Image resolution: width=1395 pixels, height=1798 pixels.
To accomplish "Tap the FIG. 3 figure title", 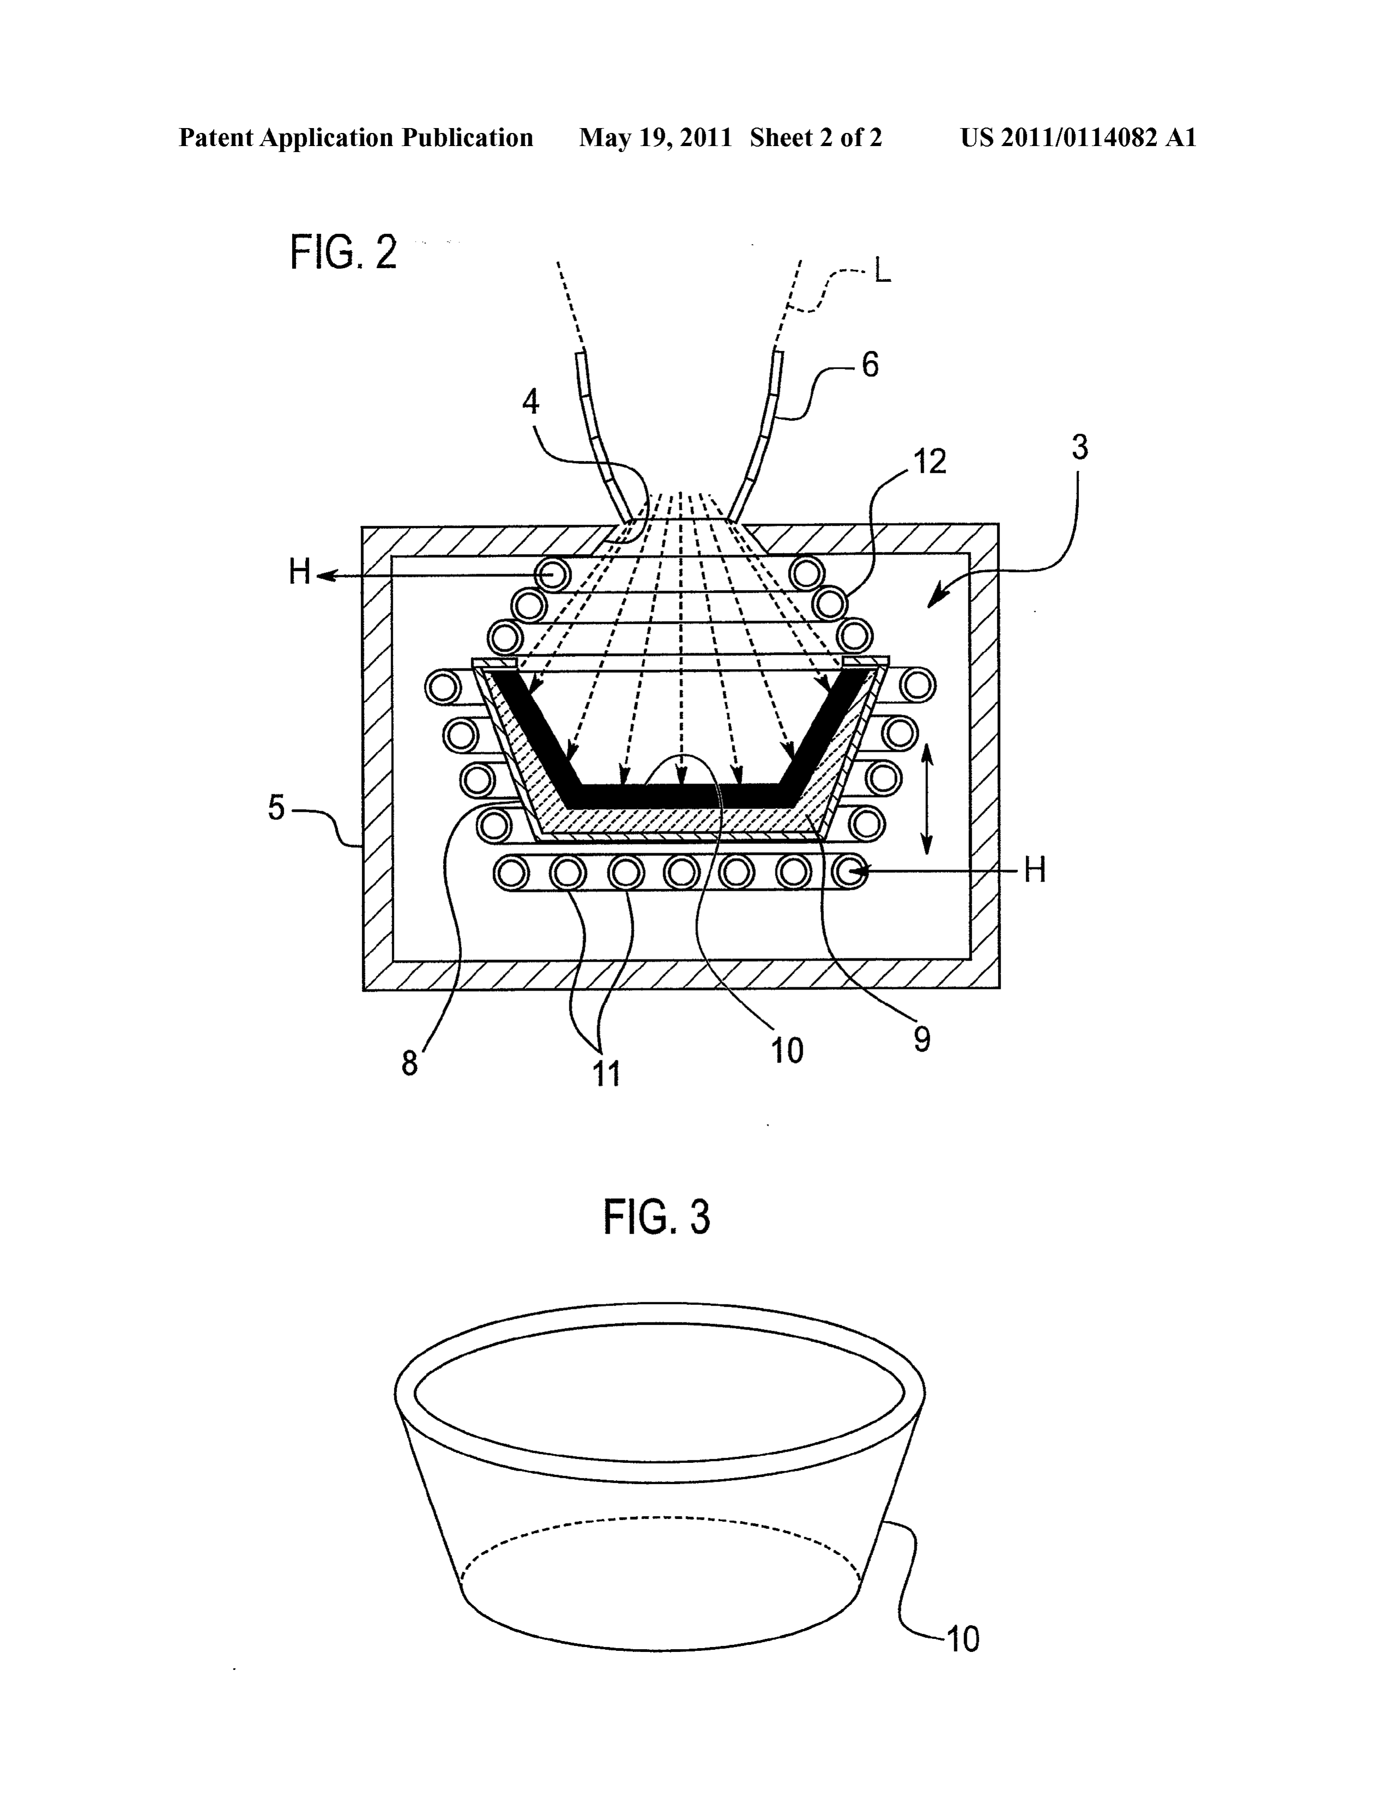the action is pos(656,1217).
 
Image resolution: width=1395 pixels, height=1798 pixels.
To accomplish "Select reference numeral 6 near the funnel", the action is pos(870,364).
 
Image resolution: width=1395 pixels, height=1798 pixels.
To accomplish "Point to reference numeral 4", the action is pos(531,402).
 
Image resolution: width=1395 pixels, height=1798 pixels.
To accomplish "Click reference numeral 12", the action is pos(930,462).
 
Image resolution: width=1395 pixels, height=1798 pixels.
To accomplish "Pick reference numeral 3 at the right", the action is pos(1079,447).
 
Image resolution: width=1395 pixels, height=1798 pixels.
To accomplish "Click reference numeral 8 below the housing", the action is pos(409,1064).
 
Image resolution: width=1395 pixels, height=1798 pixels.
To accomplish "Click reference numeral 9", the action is pos(923,1040).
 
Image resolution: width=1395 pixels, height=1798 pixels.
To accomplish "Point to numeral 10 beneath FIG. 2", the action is pos(787,1050).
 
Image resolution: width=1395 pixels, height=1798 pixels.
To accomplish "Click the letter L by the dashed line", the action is pos(882,271).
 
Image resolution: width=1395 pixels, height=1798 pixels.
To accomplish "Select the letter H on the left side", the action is pos(300,572).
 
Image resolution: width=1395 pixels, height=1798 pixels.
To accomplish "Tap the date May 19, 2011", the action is pos(656,137).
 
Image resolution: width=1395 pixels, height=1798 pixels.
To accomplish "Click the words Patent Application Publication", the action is pos(356,137).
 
